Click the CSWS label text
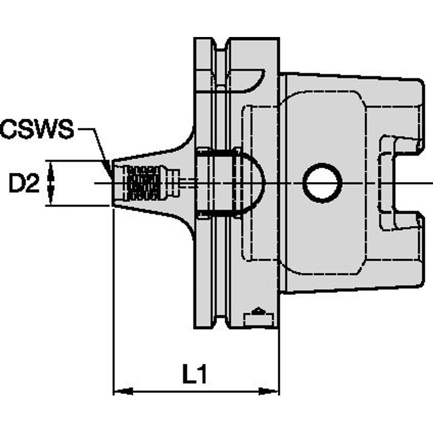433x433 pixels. pyautogui.click(x=37, y=130)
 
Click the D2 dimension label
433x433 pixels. pyautogui.click(x=24, y=184)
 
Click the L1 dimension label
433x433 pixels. pyautogui.click(x=195, y=376)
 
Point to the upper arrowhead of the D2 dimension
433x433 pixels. pyautogui.click(x=50, y=168)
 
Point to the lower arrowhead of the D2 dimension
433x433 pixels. pyautogui.click(x=50, y=197)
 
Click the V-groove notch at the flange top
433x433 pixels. pyautogui.click(x=221, y=46)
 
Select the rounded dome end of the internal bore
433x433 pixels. pyautogui.click(x=254, y=183)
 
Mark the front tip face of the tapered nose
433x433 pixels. pyautogui.click(x=114, y=183)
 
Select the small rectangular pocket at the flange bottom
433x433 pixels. pyautogui.click(x=259, y=319)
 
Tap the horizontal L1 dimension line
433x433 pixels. pyautogui.click(x=195, y=391)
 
